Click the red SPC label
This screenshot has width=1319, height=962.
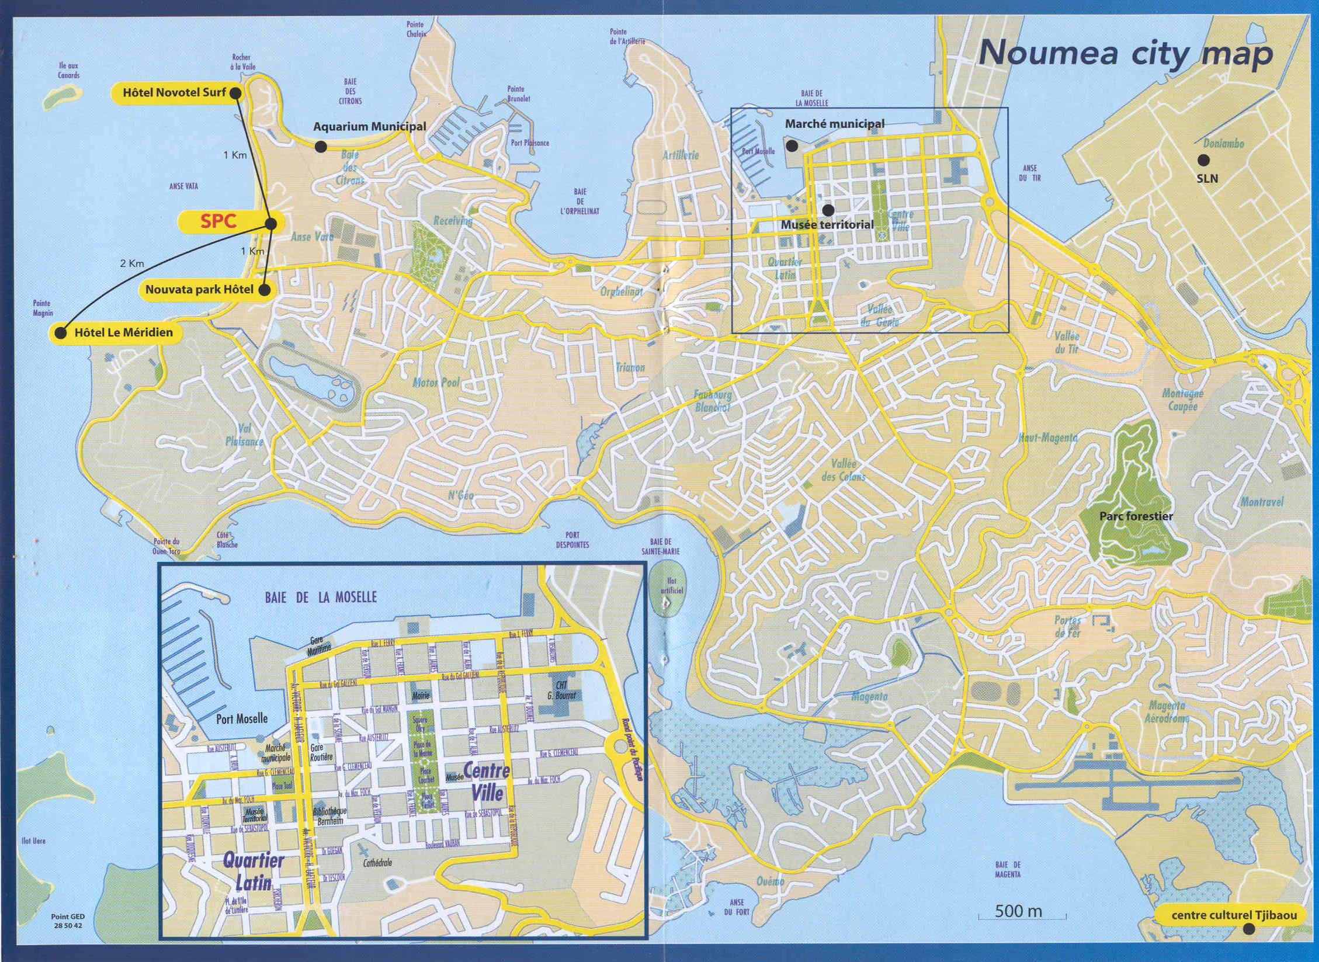(218, 221)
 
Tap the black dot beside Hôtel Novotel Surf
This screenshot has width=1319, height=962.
(235, 93)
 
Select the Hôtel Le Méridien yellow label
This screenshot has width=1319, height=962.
(123, 332)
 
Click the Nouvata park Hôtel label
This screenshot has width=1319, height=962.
(199, 289)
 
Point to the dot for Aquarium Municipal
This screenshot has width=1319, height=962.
(321, 147)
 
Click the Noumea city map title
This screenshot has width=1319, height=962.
(1125, 54)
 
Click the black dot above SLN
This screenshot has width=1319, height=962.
(1203, 159)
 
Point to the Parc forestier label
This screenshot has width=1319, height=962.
(1136, 516)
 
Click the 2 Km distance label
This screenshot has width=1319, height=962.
(132, 263)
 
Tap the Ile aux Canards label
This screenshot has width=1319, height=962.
(68, 71)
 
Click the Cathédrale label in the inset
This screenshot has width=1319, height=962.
(378, 863)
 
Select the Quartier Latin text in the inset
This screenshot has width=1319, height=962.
(252, 871)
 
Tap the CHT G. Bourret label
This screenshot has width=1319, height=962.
(561, 690)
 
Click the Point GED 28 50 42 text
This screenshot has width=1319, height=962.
(68, 921)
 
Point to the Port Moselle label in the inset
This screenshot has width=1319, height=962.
(242, 718)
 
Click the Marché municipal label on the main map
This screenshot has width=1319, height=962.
(834, 124)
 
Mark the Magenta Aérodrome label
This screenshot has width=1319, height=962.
(1167, 713)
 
